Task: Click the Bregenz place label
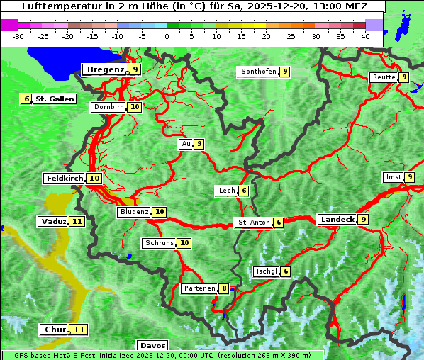(105, 69)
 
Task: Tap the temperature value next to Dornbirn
(135, 107)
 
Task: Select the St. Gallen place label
(55, 99)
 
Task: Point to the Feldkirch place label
(65, 178)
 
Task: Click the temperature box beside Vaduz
(77, 222)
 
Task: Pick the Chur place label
(55, 330)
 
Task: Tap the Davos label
(152, 346)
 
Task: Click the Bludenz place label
(135, 212)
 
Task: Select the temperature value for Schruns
(184, 243)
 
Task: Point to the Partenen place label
(199, 288)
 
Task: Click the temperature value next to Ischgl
(285, 271)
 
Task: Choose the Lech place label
(226, 191)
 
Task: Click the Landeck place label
(337, 220)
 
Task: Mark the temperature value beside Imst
(410, 177)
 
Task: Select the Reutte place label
(384, 77)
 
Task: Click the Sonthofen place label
(258, 72)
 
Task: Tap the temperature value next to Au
(200, 144)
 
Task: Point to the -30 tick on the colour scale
(18, 36)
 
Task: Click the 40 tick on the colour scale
(365, 36)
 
